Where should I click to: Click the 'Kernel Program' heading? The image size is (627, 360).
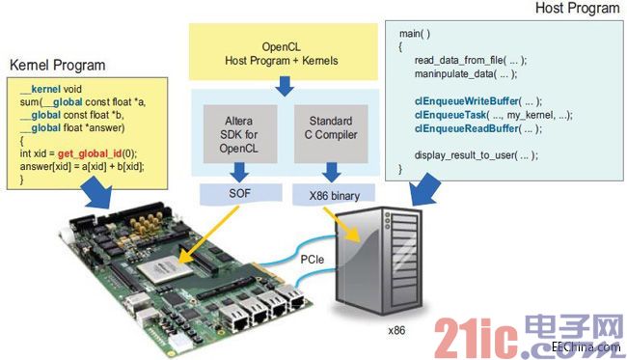[x=58, y=66]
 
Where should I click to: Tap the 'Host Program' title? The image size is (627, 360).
[x=577, y=8]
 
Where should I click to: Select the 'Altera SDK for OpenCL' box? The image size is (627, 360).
[x=240, y=134]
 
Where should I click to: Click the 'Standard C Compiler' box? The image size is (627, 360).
[x=331, y=134]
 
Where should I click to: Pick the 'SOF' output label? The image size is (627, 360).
[x=240, y=194]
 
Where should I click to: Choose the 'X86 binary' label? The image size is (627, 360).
[x=335, y=196]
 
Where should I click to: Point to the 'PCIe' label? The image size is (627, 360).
[x=312, y=260]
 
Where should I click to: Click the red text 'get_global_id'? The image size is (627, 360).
[x=89, y=154]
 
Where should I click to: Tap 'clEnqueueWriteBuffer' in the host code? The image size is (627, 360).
[x=466, y=101]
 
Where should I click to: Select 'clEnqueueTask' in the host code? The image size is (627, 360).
[x=450, y=115]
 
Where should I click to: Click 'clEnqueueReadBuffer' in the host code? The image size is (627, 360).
[x=467, y=128]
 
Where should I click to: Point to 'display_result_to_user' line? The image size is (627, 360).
[x=476, y=155]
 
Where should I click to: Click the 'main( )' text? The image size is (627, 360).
[x=415, y=34]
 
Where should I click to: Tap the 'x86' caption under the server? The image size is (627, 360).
[x=396, y=330]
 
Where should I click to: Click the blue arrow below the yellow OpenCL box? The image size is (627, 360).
[x=285, y=86]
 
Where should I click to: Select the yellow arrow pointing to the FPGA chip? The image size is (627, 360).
[x=207, y=235]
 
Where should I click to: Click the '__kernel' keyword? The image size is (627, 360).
[x=45, y=89]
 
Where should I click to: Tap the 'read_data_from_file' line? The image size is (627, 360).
[x=471, y=61]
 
